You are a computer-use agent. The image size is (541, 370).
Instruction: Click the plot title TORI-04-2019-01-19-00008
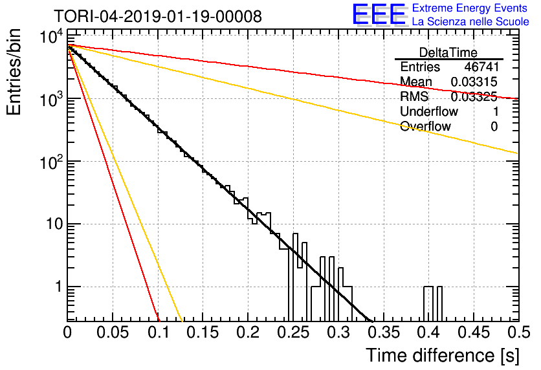click(x=158, y=16)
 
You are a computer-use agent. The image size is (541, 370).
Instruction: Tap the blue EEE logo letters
click(x=379, y=14)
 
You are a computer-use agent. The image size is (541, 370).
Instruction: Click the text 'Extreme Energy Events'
click(x=470, y=8)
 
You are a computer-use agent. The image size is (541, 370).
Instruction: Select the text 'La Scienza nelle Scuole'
click(x=470, y=21)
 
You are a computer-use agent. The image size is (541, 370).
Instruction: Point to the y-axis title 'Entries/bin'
click(x=14, y=72)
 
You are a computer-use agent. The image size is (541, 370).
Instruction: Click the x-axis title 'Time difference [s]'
click(x=443, y=356)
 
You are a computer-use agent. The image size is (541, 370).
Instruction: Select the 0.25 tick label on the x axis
click(x=293, y=332)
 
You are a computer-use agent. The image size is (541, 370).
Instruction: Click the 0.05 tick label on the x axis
click(x=113, y=332)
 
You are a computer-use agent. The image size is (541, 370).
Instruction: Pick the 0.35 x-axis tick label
click(x=384, y=332)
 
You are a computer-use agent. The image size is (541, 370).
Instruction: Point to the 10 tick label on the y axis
click(x=54, y=224)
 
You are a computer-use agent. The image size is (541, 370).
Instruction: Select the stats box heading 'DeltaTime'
click(x=448, y=52)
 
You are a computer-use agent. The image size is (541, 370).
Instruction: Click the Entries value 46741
click(x=481, y=67)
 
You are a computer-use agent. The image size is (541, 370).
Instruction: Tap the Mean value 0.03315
click(x=474, y=82)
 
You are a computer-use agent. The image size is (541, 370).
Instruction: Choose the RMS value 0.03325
click(x=474, y=96)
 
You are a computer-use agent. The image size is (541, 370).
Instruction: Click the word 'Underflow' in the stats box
click(x=429, y=111)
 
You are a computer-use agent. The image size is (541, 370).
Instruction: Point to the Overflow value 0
click(x=494, y=127)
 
